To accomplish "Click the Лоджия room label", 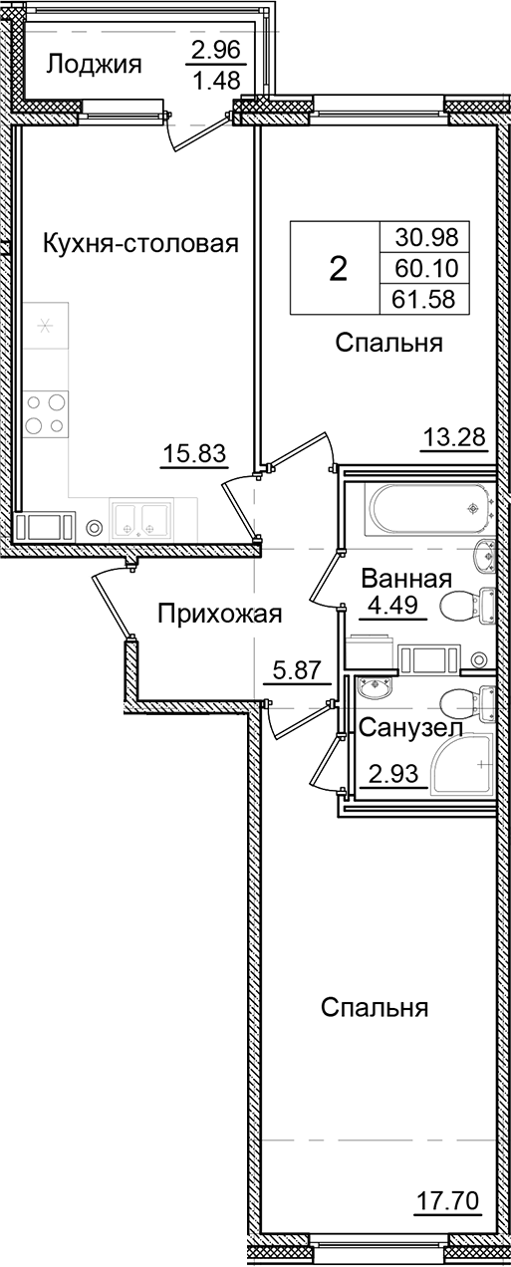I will tap(95, 66).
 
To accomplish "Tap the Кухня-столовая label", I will tap(140, 243).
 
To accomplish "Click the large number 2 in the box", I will tap(338, 267).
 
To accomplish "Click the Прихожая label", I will tap(219, 615).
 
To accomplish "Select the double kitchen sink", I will tap(139, 518).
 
